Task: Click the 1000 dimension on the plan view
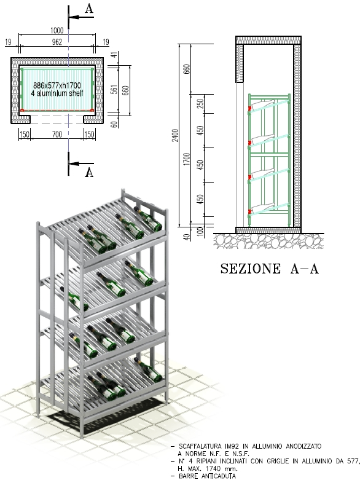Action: pos(57,30)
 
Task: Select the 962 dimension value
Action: pos(57,42)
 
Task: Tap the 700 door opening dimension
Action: pos(57,134)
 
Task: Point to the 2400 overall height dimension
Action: pos(175,135)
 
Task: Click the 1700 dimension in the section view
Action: pos(187,159)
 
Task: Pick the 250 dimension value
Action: pos(200,103)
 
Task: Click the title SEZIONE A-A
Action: pos(270,269)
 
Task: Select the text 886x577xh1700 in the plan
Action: pos(57,85)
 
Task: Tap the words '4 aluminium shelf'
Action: pos(57,93)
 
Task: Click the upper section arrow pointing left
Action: pos(81,17)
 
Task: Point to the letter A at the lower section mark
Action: pos(89,173)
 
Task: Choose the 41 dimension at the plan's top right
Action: pos(114,55)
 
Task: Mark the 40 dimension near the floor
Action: pos(187,237)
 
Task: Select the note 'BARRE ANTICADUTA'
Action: pos(208,476)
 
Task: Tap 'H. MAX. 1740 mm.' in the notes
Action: pos(208,468)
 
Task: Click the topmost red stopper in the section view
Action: pos(250,108)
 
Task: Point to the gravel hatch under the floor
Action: pos(268,241)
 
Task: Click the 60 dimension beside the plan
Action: pos(114,124)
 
